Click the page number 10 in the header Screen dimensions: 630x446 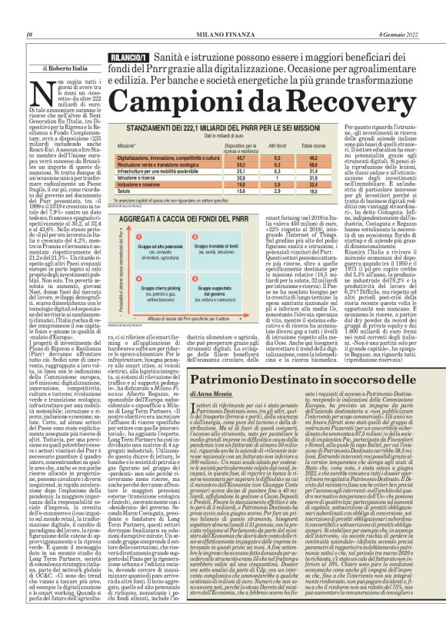pyautogui.click(x=28, y=12)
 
